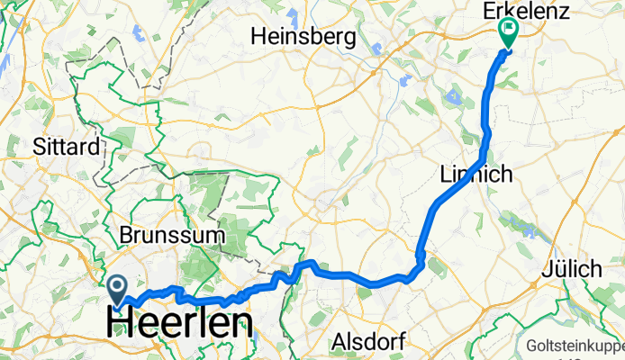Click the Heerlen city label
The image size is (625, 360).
[x=180, y=323]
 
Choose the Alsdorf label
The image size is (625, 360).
[x=370, y=341]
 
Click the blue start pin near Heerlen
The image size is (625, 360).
[x=118, y=288]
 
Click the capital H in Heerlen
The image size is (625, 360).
[x=122, y=323]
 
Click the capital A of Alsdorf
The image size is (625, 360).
[x=340, y=341]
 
